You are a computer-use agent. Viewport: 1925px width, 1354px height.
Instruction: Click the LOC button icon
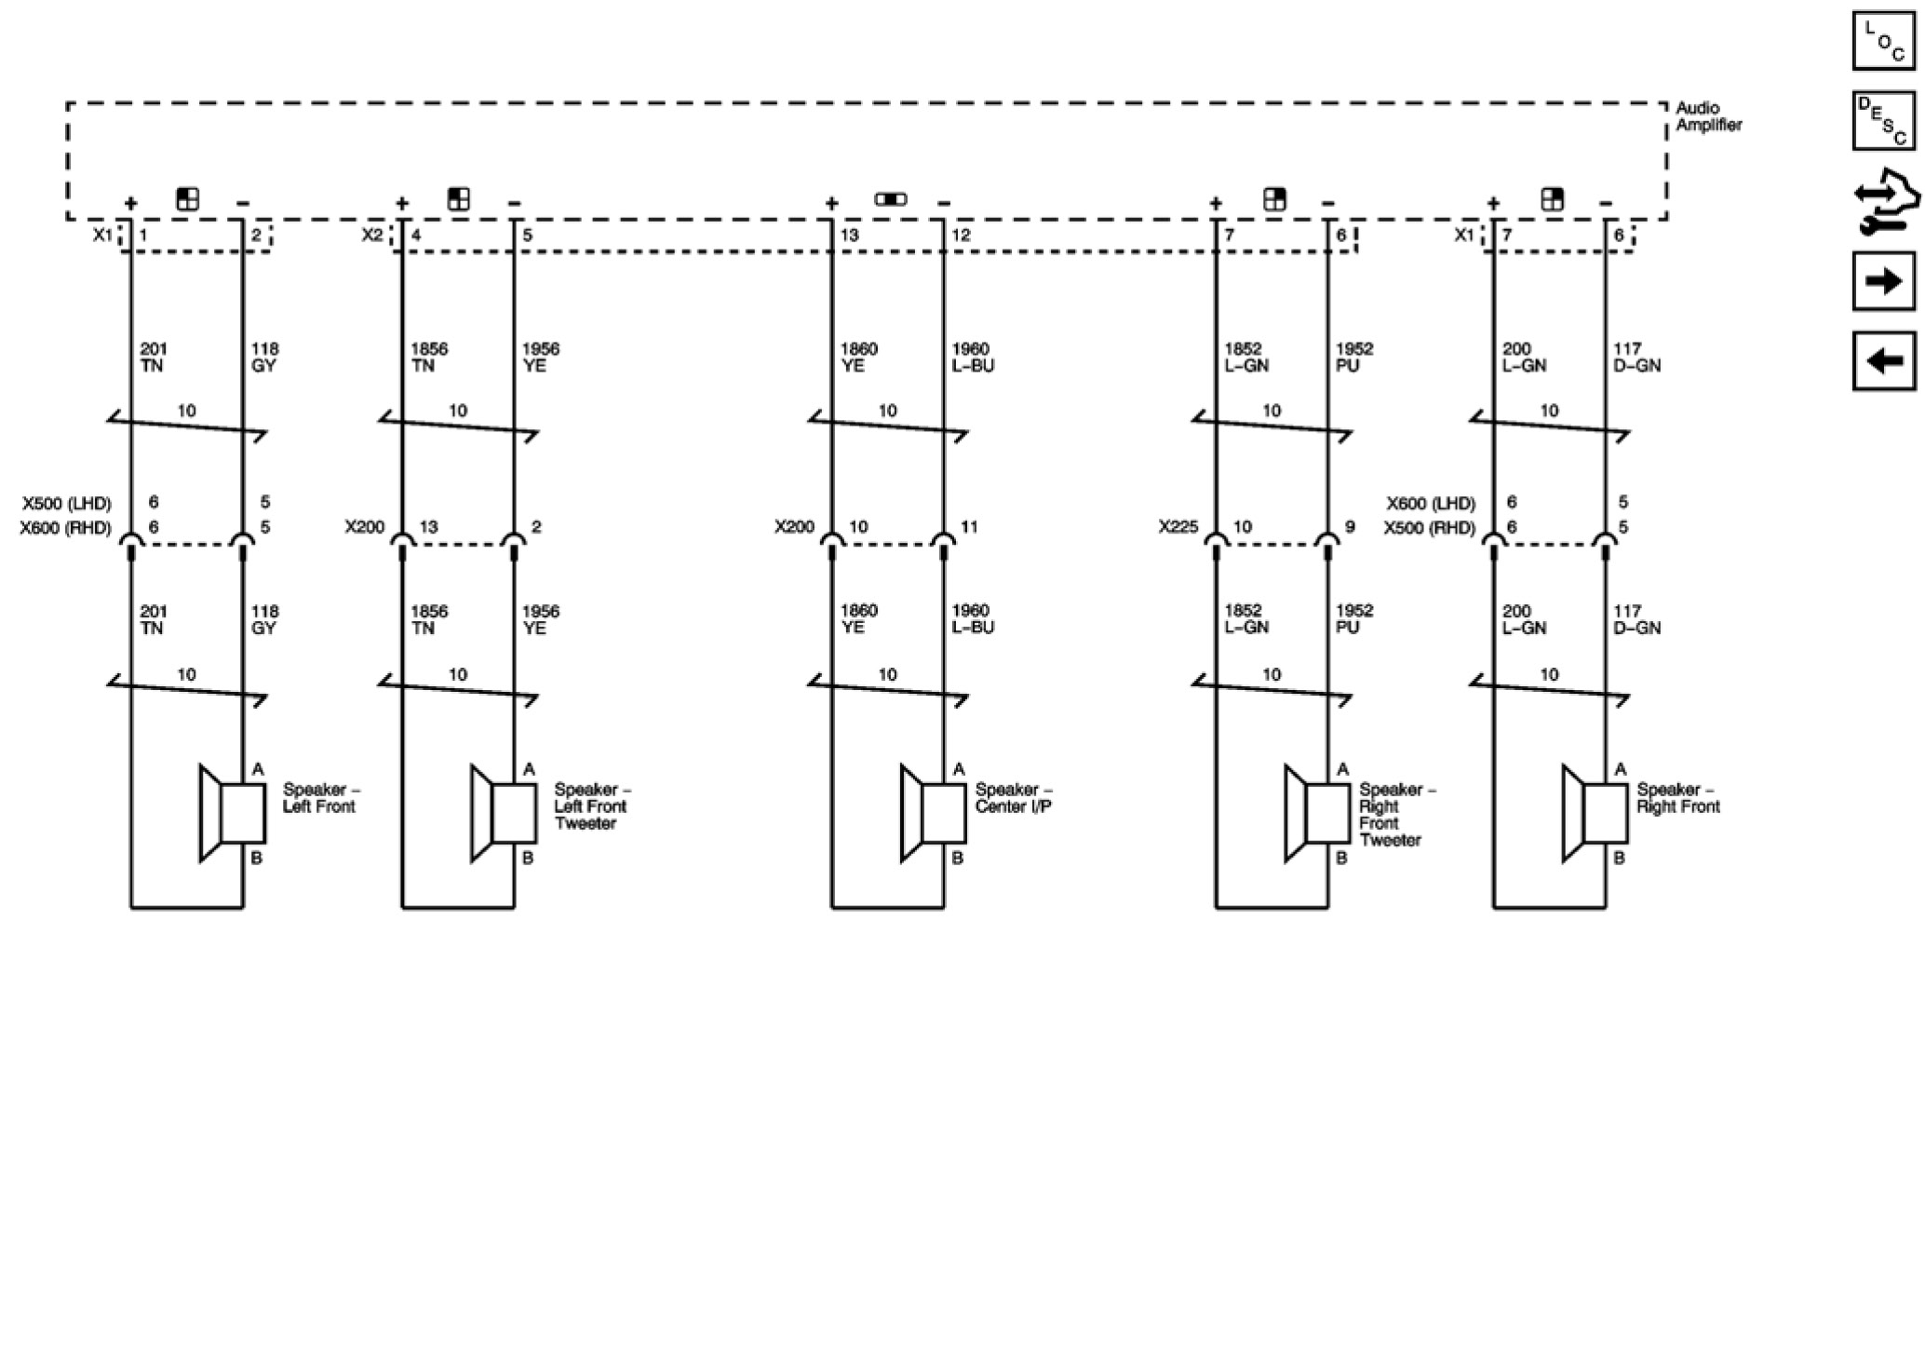1884,41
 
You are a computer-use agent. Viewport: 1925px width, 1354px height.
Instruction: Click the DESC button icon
1884,120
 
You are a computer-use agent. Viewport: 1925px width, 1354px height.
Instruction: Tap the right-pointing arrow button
1884,280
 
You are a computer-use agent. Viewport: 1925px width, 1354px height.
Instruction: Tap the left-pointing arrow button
1884,360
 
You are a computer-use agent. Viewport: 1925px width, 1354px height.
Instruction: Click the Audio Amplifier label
1708,116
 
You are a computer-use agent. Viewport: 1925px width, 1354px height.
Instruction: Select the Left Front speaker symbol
233,813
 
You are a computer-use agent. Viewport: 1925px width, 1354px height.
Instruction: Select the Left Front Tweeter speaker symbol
504,813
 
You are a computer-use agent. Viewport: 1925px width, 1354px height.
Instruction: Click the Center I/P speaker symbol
934,813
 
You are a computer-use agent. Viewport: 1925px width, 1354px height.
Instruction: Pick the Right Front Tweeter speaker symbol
1317,813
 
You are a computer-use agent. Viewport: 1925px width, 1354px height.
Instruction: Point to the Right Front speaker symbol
1595,813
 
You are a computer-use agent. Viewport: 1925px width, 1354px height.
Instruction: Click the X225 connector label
1178,527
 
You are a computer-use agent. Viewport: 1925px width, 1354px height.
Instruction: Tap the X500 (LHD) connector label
67,504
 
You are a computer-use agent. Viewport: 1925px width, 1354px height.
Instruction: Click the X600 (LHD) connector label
1431,504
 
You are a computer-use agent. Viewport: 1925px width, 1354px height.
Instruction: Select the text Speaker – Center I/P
1014,798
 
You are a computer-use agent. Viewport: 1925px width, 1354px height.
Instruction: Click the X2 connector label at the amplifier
372,236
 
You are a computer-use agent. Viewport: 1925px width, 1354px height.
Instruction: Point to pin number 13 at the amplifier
849,236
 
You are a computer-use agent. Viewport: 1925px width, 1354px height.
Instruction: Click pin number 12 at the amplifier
961,236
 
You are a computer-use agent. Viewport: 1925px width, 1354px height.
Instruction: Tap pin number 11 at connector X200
969,527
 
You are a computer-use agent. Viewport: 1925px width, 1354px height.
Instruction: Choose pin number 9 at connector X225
1350,527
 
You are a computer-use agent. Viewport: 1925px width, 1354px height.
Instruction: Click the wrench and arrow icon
1884,200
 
